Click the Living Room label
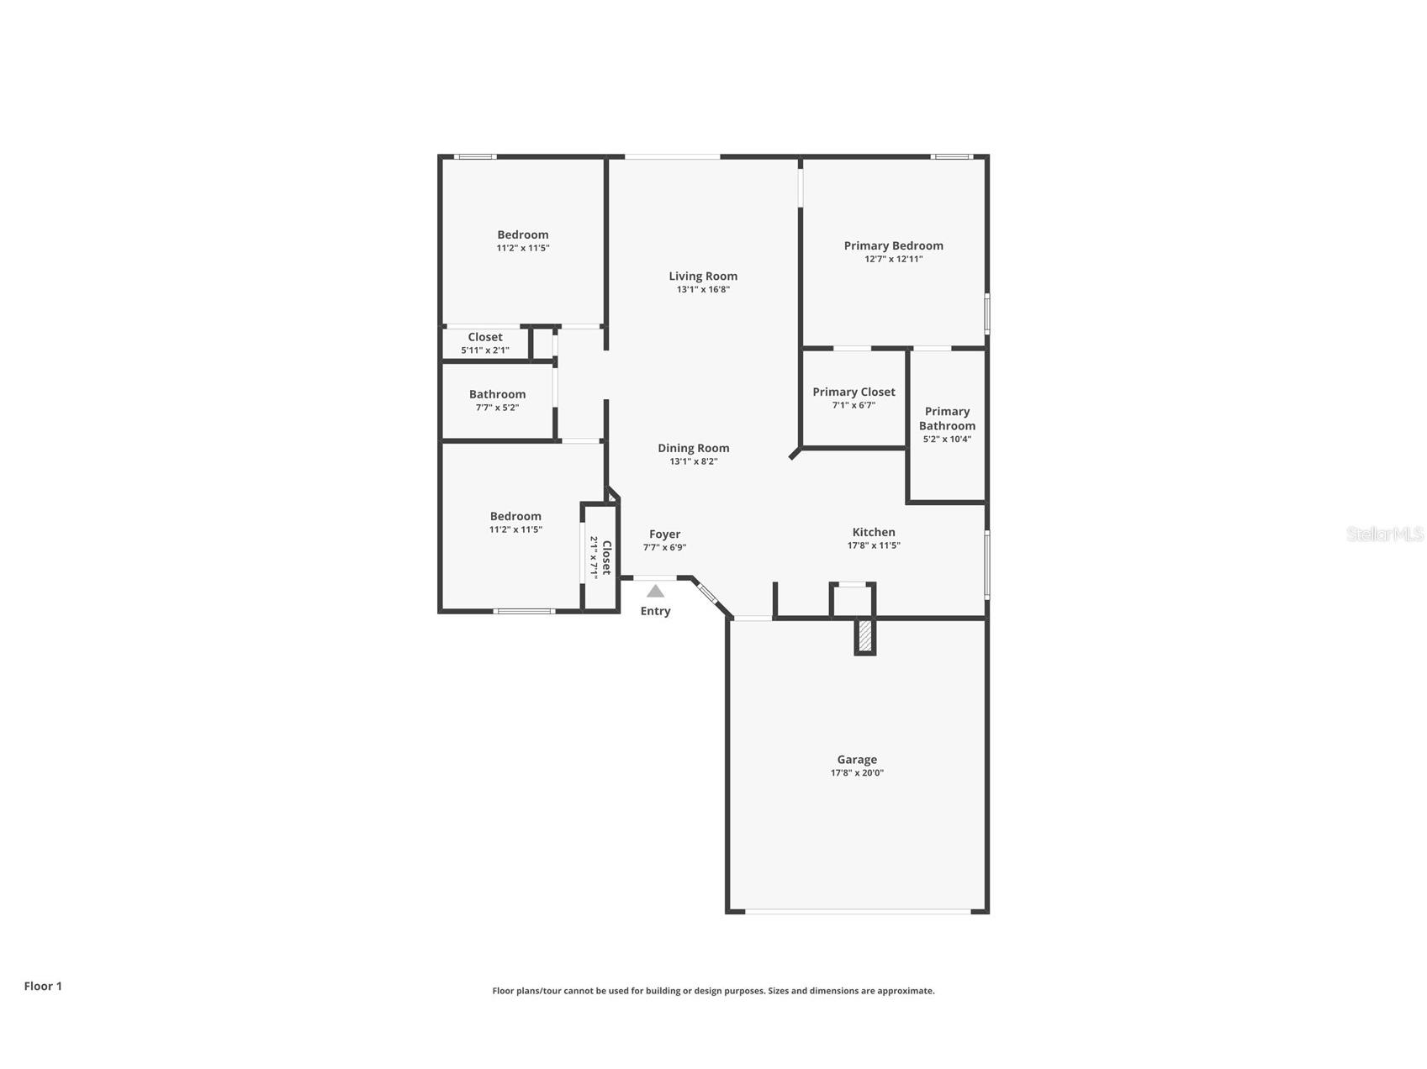point(703,276)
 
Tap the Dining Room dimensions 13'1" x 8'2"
point(693,461)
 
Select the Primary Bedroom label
point(893,245)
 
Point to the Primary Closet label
point(854,392)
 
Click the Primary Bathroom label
point(947,419)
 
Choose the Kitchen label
point(874,532)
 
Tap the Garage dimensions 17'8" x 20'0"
point(856,773)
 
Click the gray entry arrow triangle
point(655,592)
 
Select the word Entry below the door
point(655,611)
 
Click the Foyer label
point(664,534)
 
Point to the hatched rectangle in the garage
point(864,636)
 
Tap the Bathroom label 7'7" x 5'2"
point(497,394)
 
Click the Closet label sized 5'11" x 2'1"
point(485,337)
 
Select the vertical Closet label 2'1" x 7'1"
point(605,557)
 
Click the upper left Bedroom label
point(522,234)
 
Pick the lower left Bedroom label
point(515,516)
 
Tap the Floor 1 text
point(43,986)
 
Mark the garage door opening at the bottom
point(856,911)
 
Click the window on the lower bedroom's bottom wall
point(524,611)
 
